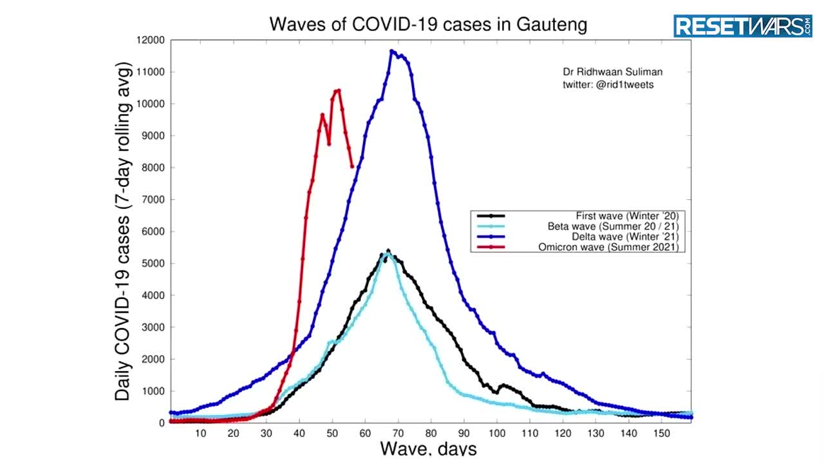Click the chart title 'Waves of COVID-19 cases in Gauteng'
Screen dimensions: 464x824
click(x=428, y=24)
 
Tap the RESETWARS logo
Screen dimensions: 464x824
click(x=743, y=26)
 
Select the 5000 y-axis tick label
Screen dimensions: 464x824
click(x=153, y=264)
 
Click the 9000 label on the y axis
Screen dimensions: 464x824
click(x=153, y=136)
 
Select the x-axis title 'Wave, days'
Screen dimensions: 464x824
click(x=428, y=448)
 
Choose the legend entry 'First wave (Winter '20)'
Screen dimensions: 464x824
click(x=628, y=216)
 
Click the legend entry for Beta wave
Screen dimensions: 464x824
click(x=613, y=226)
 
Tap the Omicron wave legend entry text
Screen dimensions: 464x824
click(x=608, y=247)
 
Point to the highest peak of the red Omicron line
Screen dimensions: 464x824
click(x=339, y=90)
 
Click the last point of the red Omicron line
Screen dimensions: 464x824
click(x=352, y=167)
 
